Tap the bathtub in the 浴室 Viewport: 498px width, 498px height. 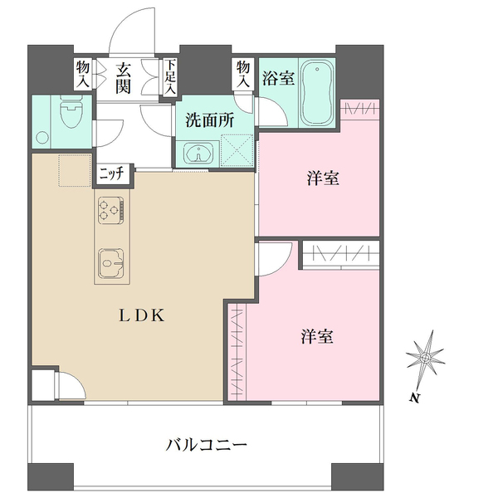(x=317, y=93)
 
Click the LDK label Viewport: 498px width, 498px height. (x=142, y=315)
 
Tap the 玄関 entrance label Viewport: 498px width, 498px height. (x=123, y=78)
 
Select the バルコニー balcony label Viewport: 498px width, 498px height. (x=207, y=445)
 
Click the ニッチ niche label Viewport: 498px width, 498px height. (x=113, y=174)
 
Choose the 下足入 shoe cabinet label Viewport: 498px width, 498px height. (x=170, y=76)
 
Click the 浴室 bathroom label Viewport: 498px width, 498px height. (x=278, y=78)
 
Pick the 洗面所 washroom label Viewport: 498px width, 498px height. (x=210, y=120)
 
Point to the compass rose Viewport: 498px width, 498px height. (x=426, y=359)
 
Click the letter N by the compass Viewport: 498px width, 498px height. (x=413, y=398)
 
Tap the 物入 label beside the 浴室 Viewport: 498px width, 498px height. (x=243, y=75)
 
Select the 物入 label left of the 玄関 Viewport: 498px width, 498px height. (x=83, y=75)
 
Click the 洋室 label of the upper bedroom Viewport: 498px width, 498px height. (x=323, y=178)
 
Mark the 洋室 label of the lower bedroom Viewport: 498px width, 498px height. (x=317, y=337)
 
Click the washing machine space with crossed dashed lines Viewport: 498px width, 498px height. (x=237, y=150)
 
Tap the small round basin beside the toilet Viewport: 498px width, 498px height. (x=42, y=138)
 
